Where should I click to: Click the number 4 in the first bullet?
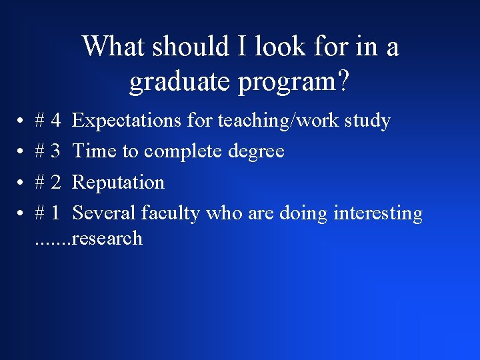(56, 121)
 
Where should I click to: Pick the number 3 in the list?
(56, 151)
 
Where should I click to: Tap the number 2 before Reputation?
(56, 182)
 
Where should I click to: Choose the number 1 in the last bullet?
(56, 213)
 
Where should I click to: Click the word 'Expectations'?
(127, 121)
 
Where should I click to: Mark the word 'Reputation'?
(118, 183)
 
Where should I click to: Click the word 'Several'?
(104, 213)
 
